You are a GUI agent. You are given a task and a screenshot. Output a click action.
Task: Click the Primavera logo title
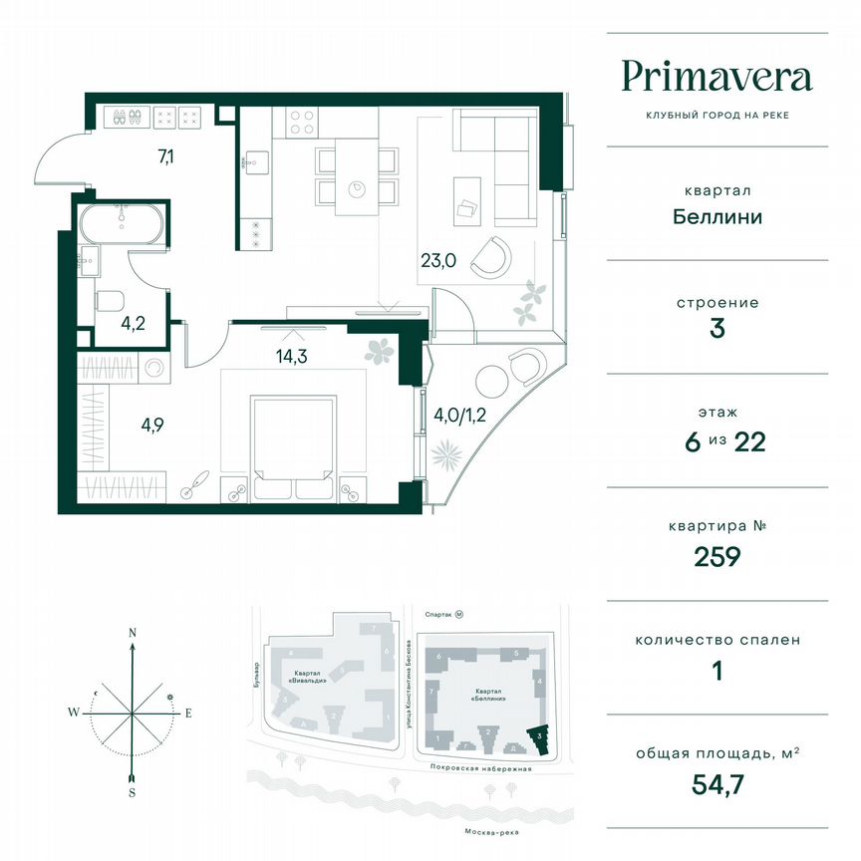pos(717,77)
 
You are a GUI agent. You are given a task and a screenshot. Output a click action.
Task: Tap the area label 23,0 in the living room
pos(437,262)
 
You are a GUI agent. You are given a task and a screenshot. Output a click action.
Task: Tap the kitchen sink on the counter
pos(256,161)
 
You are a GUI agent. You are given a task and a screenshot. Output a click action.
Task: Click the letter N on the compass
pos(132,632)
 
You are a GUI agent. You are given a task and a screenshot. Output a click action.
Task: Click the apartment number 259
pos(717,555)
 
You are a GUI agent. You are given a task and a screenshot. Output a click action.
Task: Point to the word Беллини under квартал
pos(717,215)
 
